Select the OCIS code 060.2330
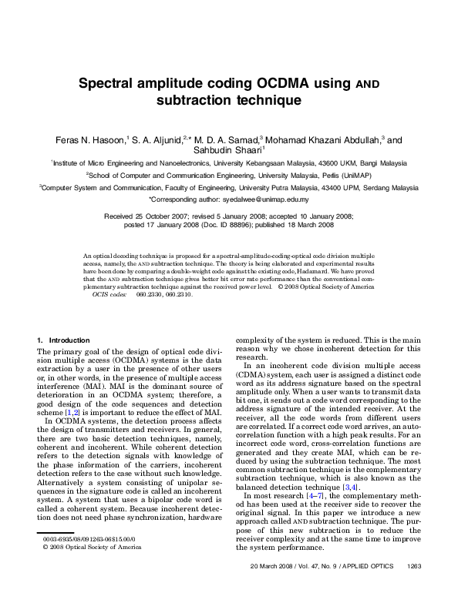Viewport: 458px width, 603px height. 150,295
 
